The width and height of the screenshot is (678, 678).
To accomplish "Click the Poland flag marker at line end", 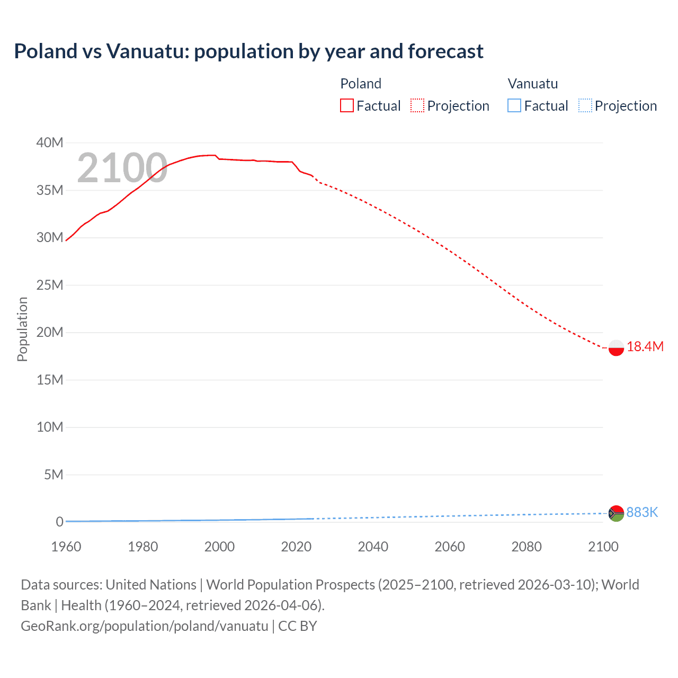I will click(x=616, y=348).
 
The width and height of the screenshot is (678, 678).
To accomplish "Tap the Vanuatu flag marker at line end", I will click(x=616, y=513).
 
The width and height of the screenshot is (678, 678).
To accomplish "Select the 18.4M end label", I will click(x=645, y=347).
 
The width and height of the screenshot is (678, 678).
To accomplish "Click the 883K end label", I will click(x=642, y=513).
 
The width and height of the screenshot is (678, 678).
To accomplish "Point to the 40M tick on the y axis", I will click(x=50, y=143).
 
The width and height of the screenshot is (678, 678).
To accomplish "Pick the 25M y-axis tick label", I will click(x=50, y=286).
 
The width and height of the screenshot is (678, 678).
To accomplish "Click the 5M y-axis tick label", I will click(x=53, y=475).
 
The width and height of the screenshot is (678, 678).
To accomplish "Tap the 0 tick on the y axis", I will click(x=59, y=522).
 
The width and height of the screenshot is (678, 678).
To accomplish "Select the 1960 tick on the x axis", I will click(x=66, y=547).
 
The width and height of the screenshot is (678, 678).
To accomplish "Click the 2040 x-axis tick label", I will click(x=373, y=547).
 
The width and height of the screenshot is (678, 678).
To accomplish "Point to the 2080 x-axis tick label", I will click(x=527, y=547).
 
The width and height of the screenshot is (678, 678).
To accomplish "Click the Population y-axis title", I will click(x=22, y=329).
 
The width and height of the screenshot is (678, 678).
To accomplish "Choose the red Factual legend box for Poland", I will click(x=346, y=106).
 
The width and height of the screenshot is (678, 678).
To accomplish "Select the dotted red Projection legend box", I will click(x=417, y=106).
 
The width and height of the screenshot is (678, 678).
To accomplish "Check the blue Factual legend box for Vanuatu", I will click(x=514, y=106).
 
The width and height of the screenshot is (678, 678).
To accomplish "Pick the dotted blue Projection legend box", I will click(x=585, y=106).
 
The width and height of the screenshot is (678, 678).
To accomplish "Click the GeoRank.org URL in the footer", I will click(x=144, y=626).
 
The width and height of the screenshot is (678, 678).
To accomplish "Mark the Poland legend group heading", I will click(x=361, y=84).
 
